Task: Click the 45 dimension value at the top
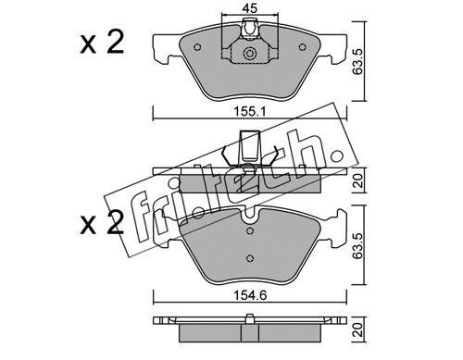[249, 8]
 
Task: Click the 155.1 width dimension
[249, 112]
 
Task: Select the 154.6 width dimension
[249, 296]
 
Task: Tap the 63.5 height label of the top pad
[357, 61]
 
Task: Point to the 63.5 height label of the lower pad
[357, 245]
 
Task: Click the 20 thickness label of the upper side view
[358, 180]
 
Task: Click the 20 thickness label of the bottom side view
[358, 329]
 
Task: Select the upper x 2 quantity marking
[102, 43]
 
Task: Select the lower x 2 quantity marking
[102, 223]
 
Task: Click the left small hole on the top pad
[197, 47]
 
